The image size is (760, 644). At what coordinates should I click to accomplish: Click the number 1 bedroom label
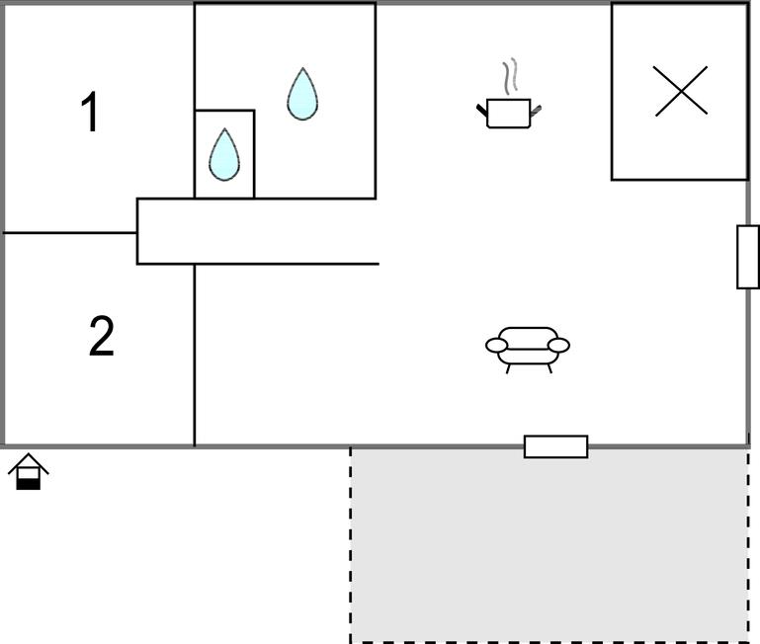click(91, 112)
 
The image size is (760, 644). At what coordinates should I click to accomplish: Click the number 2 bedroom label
click(102, 336)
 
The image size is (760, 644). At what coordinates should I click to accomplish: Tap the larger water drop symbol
click(302, 94)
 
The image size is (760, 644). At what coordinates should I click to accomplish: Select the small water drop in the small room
click(224, 154)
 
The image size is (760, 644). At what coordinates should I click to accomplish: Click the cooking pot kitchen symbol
click(508, 113)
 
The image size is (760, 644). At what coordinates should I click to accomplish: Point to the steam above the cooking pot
click(509, 76)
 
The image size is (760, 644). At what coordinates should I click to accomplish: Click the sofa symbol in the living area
click(528, 350)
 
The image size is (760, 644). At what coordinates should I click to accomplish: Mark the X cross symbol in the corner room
click(680, 91)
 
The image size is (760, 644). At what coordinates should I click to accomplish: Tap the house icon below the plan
click(29, 471)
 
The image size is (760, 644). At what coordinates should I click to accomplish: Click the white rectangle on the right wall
click(748, 257)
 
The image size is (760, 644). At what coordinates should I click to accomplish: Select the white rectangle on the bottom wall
click(556, 446)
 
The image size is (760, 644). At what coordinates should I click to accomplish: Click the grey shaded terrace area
click(549, 544)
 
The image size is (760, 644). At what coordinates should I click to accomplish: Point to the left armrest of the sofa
click(497, 345)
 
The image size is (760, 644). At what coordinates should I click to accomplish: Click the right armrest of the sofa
click(558, 345)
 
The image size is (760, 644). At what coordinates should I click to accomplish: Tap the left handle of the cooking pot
click(481, 111)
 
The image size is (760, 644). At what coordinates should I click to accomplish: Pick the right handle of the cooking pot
click(536, 111)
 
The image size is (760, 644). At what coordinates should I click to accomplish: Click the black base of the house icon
click(29, 484)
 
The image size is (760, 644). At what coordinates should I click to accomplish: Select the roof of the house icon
click(29, 463)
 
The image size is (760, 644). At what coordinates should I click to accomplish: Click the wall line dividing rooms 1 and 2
click(70, 233)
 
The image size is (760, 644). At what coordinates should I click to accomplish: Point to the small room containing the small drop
click(224, 154)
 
